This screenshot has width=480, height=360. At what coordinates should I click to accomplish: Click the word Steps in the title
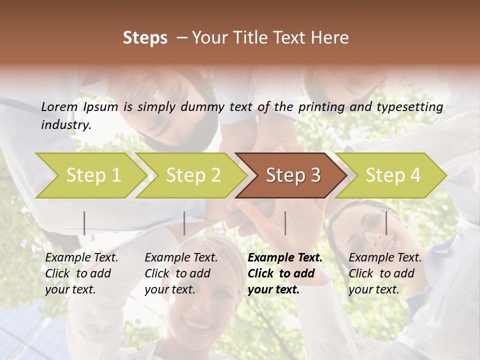tap(145, 38)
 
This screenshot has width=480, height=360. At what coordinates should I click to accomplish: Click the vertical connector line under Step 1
tap(84, 223)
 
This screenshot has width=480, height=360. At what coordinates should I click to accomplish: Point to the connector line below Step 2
tap(184, 223)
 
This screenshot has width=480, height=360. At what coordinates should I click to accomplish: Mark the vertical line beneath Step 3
tap(285, 223)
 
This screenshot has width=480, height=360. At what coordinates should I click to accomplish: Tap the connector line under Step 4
tap(386, 223)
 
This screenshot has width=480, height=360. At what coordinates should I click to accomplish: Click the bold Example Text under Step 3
tap(285, 273)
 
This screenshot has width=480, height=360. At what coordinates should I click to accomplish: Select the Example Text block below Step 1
tap(81, 273)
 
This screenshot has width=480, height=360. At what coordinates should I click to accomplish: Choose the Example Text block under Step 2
tap(181, 273)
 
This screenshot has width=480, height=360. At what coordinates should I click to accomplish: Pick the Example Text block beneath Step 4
tap(385, 273)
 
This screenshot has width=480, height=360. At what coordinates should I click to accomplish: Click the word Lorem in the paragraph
tap(59, 106)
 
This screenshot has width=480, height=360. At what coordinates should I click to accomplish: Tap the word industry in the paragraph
tap(65, 125)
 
